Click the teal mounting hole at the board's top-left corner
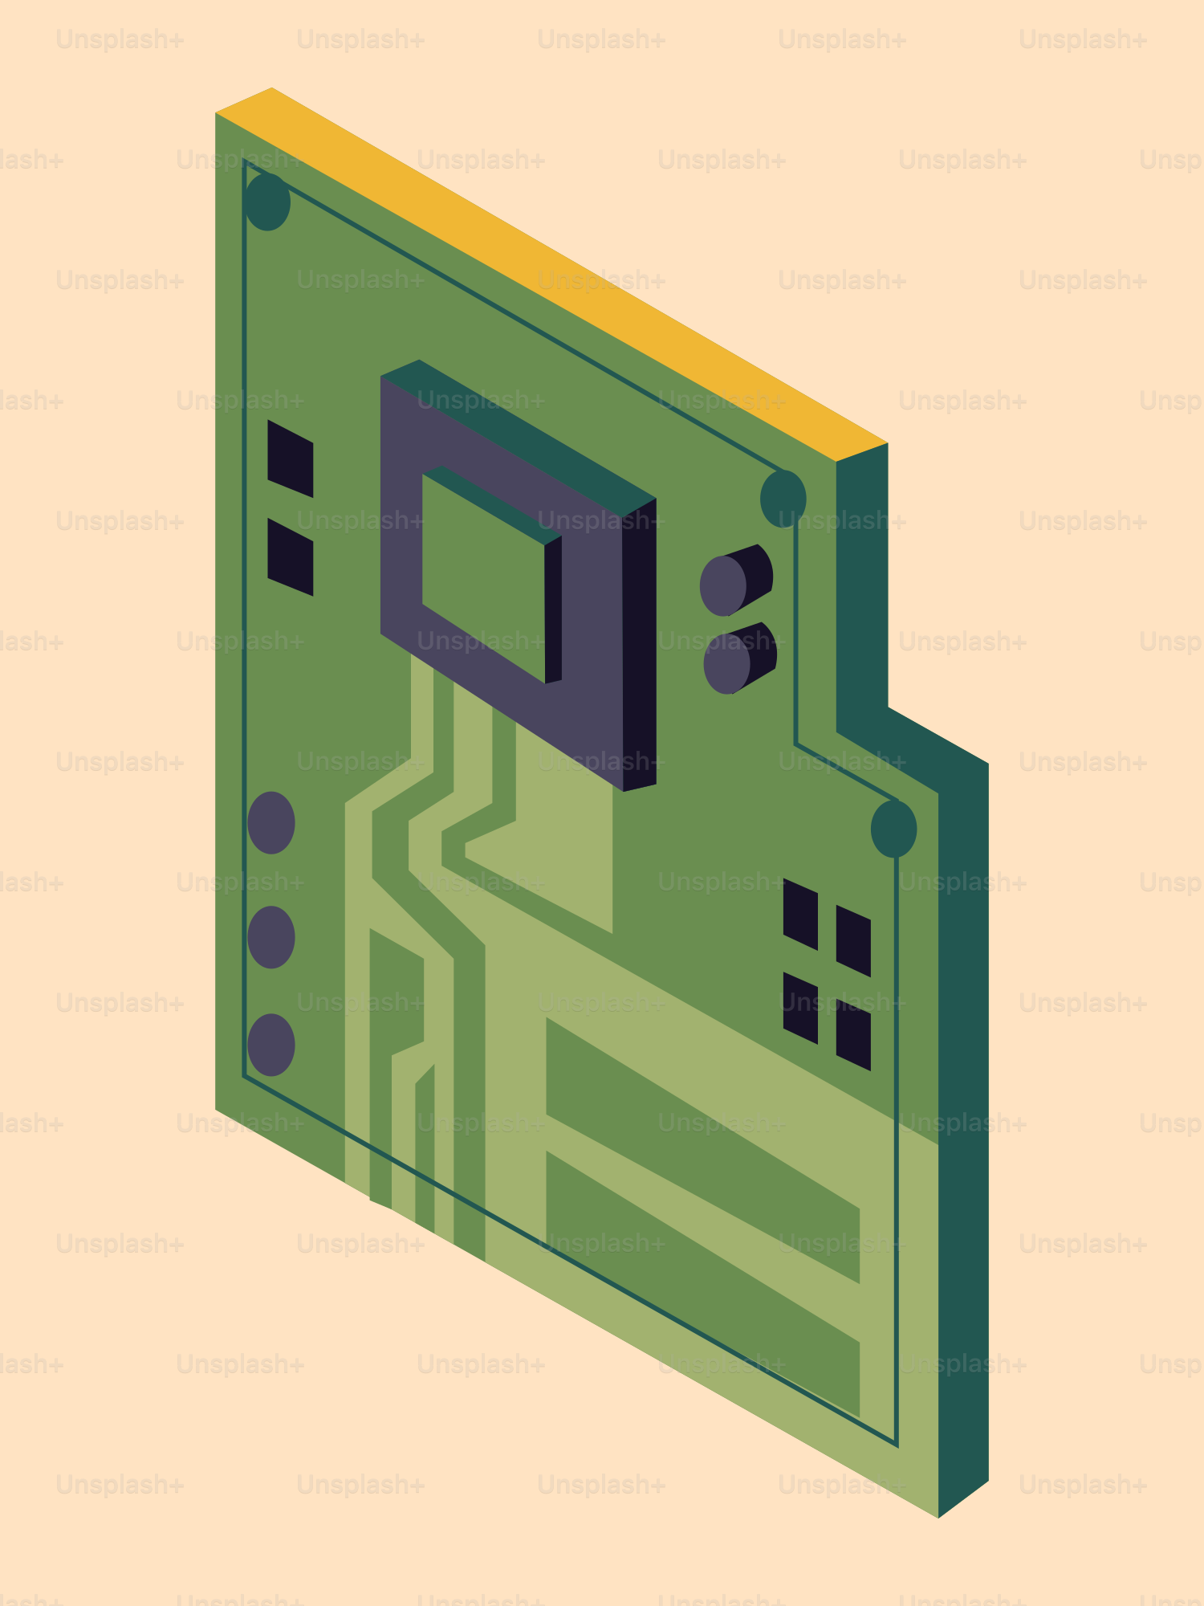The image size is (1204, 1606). coord(267,202)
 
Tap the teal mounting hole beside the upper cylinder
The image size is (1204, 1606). coord(783,499)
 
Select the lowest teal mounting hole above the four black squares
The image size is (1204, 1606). coord(893,829)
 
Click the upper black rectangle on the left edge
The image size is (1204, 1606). coord(290,459)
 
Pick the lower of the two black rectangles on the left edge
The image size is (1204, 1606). coord(290,557)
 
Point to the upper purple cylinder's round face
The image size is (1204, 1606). coord(723,585)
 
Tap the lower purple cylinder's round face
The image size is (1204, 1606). coord(727,663)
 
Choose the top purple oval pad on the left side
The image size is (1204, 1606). coord(271,822)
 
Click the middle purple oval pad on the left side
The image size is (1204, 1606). coord(271,937)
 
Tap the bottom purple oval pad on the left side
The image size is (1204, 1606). coord(271,1045)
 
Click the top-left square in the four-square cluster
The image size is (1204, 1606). coord(800,914)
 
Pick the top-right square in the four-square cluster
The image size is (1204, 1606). coord(853,941)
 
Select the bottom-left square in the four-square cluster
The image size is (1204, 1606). coord(800,1008)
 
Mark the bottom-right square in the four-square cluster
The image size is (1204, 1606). coord(853,1035)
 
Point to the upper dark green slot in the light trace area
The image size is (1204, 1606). coord(702,1148)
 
